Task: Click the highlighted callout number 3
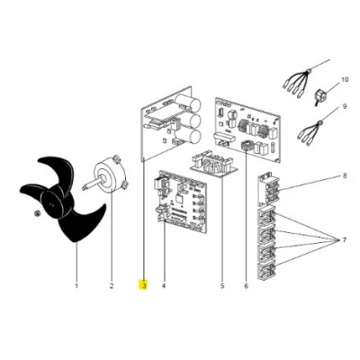coord(144,285)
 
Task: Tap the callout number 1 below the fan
coord(76,286)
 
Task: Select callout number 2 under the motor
coord(112,286)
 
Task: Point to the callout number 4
coord(164,286)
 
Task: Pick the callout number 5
coord(222,286)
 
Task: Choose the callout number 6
coord(247,286)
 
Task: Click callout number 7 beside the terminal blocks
coord(345,240)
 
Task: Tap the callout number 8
coord(345,175)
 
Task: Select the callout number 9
coord(345,106)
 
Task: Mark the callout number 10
coord(345,79)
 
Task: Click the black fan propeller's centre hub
coord(51,204)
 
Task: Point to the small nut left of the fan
coord(36,213)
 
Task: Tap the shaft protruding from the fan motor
coord(92,184)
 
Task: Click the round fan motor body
coord(111,174)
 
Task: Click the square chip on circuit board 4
coord(179,199)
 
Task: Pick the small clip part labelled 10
coord(320,95)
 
